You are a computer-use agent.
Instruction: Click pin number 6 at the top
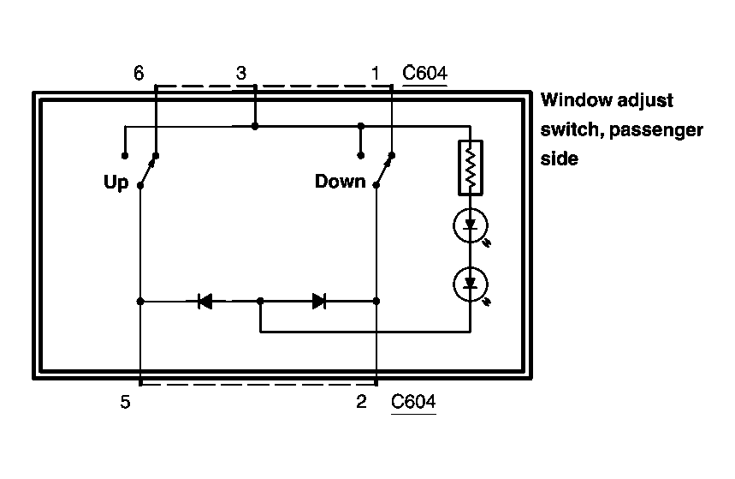(x=139, y=73)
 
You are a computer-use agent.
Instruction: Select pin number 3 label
(x=241, y=73)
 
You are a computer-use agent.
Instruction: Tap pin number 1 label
(x=375, y=73)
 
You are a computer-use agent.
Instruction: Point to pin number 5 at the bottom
(x=126, y=402)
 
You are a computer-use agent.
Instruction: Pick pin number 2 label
(x=362, y=402)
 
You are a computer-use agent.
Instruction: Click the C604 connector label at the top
(x=424, y=73)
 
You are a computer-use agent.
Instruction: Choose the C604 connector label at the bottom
(x=413, y=402)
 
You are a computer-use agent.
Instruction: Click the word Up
(x=116, y=182)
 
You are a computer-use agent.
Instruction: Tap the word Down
(x=340, y=182)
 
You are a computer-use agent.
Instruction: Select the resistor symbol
(x=470, y=168)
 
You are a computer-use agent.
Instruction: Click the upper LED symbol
(x=470, y=226)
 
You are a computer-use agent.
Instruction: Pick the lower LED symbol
(x=470, y=284)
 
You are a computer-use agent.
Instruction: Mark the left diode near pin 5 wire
(x=204, y=301)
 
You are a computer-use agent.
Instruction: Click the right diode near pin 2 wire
(x=319, y=301)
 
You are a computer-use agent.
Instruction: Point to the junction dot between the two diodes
(x=261, y=301)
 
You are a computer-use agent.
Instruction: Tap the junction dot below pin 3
(x=255, y=126)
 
